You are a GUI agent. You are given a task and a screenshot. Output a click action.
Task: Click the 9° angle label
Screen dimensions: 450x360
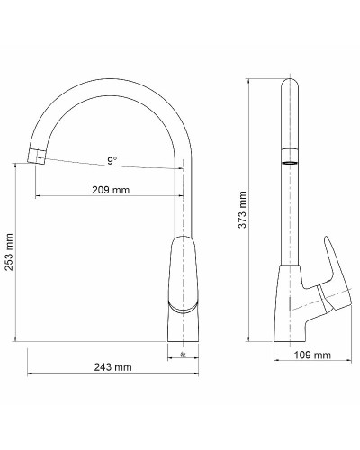tap(112, 162)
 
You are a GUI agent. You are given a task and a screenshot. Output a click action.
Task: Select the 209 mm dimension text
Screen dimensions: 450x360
tap(112, 190)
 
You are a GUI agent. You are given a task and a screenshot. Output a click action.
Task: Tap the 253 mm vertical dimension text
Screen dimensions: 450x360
tap(10, 251)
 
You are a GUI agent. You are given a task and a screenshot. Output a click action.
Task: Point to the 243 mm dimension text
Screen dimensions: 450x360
tap(112, 366)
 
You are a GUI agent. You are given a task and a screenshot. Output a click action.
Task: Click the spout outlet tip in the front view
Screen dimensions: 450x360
tap(37, 157)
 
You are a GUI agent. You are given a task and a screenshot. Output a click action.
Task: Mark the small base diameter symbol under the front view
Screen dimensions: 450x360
tap(184, 354)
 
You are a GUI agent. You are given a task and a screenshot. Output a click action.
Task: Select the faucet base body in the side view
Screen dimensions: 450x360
tap(290, 306)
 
